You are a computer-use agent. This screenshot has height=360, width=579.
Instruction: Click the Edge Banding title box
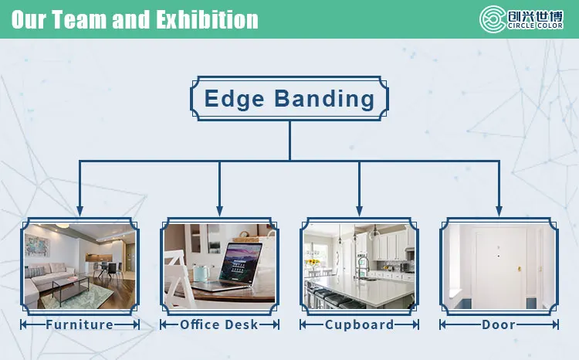click(289, 98)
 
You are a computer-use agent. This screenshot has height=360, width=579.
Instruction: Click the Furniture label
click(80, 324)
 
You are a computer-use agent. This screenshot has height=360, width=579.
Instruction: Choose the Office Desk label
click(219, 324)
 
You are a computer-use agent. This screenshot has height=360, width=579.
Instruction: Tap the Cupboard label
click(359, 324)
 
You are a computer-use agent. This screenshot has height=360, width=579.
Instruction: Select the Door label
click(499, 324)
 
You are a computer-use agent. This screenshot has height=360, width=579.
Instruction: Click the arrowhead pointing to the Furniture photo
click(80, 211)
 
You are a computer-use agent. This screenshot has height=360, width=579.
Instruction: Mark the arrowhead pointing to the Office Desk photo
click(219, 211)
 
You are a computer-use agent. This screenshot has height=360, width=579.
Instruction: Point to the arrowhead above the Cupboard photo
click(359, 211)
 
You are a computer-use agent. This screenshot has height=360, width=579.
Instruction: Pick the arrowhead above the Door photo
click(499, 211)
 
